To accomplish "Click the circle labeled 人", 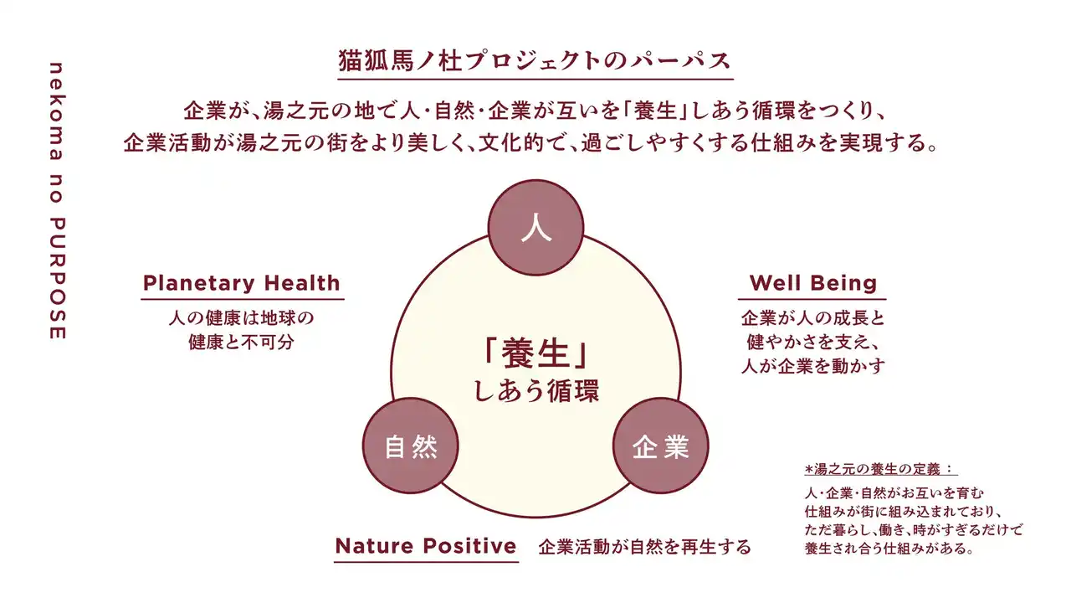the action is (535, 227).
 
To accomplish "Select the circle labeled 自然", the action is (410, 446).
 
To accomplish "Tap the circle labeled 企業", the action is (661, 446).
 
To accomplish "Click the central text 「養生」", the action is (535, 354).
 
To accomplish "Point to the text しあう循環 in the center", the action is (536, 391).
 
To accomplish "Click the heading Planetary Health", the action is (242, 283).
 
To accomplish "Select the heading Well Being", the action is (812, 283).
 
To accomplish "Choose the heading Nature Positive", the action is (426, 546).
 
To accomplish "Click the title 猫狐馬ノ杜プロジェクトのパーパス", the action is (535, 61).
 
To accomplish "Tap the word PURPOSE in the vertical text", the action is (58, 279).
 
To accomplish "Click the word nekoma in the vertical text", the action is (58, 111).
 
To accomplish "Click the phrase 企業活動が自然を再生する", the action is (645, 547).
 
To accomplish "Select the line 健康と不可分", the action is (241, 343).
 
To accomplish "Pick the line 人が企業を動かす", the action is (812, 366).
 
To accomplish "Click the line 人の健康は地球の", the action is (242, 317).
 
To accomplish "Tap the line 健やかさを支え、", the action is (812, 343).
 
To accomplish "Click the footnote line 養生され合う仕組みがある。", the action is (889, 549).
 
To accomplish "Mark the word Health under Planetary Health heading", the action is (302, 283).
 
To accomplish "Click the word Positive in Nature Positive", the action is (470, 546).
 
